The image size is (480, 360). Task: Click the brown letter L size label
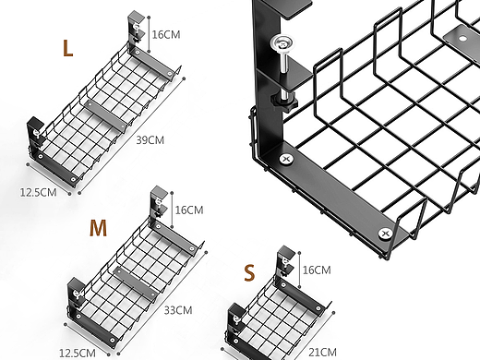point(67,48)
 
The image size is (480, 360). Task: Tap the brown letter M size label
point(98,228)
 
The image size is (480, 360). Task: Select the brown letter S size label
point(249,272)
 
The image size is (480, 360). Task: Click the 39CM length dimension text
point(150,140)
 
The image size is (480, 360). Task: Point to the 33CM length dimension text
point(178,310)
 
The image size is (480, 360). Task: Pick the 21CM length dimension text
point(322,352)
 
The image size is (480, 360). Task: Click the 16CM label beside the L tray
point(166,34)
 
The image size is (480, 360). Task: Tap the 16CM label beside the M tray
point(189,210)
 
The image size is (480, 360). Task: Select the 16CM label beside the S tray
point(317,270)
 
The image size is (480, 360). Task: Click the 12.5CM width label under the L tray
point(39,193)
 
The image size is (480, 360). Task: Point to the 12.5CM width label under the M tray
point(78,353)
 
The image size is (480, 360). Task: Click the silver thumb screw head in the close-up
point(282,44)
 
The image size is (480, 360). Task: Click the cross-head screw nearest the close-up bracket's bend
point(286,159)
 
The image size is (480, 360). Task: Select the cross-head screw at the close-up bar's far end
point(385,234)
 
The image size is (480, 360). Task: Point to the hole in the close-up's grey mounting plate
point(462,39)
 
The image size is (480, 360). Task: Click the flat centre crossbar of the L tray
point(105,115)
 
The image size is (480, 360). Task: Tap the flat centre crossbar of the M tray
point(135,284)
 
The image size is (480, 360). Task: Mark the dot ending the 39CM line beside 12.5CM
point(79,193)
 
